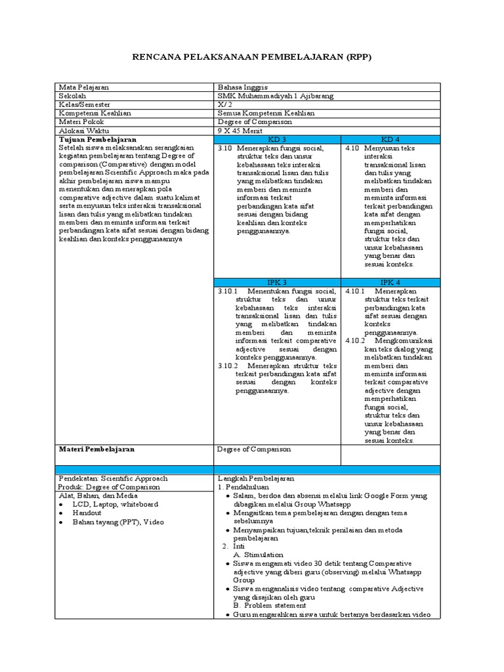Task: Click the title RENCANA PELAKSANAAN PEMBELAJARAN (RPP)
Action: (x=252, y=57)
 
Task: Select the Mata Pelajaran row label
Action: (x=84, y=87)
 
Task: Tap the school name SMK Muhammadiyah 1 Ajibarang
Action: (x=275, y=96)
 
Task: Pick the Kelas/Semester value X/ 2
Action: (x=224, y=104)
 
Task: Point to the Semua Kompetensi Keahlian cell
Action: (x=266, y=113)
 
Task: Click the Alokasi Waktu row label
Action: (x=84, y=131)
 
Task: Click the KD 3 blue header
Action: (x=278, y=140)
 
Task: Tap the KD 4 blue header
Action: (x=390, y=140)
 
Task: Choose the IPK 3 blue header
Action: (x=278, y=282)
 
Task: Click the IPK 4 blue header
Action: (x=390, y=282)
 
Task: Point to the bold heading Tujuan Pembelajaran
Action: (x=98, y=140)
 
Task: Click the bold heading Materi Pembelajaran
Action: (x=96, y=450)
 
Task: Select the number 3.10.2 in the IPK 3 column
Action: (x=228, y=365)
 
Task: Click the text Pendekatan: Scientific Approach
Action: (x=113, y=478)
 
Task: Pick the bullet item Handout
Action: (x=87, y=513)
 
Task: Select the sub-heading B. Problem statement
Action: (x=266, y=606)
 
